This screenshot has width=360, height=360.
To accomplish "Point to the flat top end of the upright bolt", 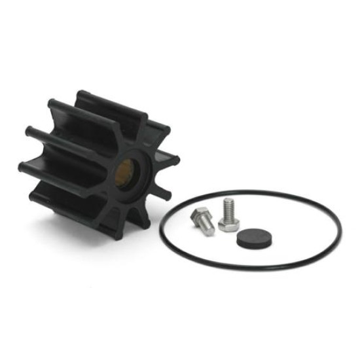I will tap(227, 200).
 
